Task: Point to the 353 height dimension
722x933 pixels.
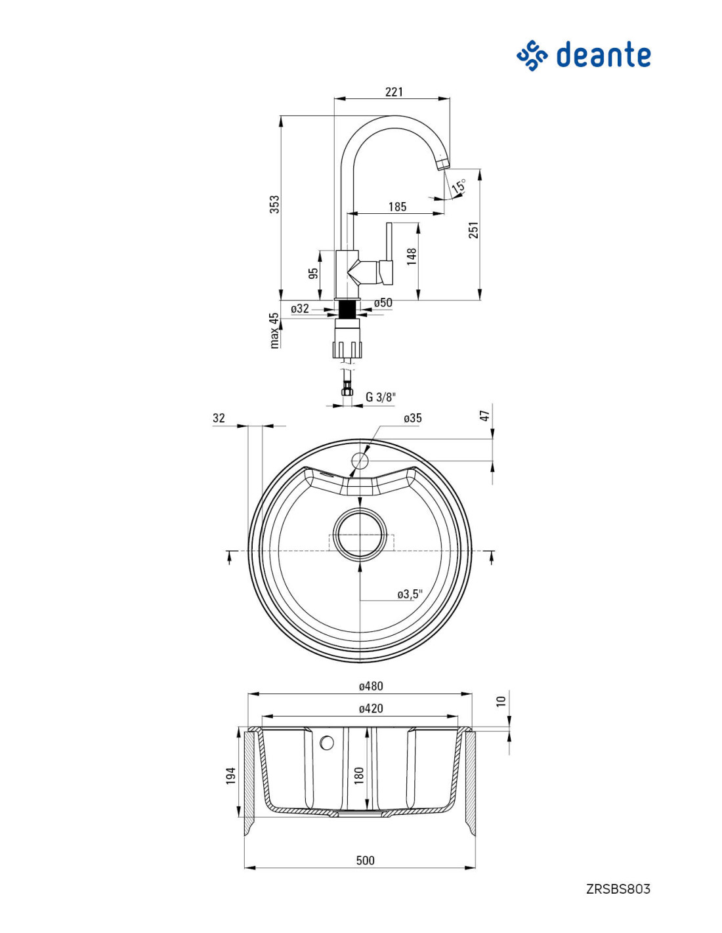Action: (x=274, y=204)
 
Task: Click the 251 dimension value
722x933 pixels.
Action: (x=473, y=230)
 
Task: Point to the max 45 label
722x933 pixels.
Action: (x=274, y=330)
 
